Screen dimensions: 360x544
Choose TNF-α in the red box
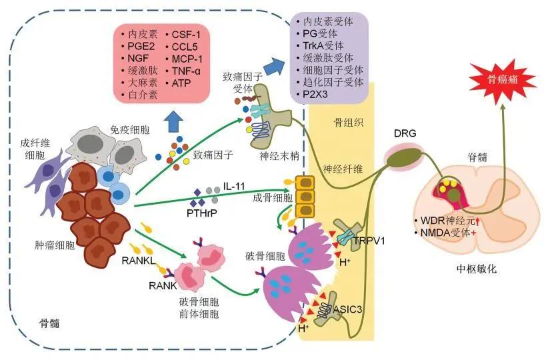pyautogui.click(x=187, y=70)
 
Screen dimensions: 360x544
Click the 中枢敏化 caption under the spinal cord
pyautogui.click(x=475, y=270)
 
